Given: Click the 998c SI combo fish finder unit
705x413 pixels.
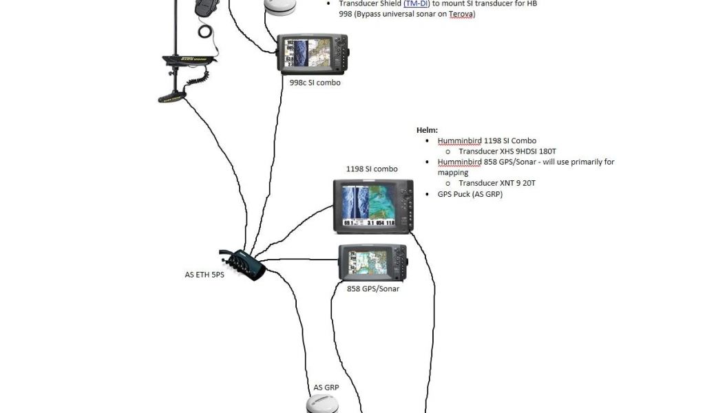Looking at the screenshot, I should [x=313, y=54].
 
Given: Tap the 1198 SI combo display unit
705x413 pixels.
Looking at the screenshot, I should [x=373, y=206].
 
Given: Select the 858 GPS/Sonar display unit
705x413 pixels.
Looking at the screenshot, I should [x=372, y=262].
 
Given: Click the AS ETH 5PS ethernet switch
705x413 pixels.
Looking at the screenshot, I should [x=244, y=264].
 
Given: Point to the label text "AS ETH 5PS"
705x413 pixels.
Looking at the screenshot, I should [x=204, y=275].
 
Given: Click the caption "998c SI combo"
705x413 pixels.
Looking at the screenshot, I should [x=315, y=83].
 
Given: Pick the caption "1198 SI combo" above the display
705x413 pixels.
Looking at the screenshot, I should [x=372, y=169].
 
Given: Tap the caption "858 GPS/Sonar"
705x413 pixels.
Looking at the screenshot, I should [x=373, y=288].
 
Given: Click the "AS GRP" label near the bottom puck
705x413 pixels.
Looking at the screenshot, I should [x=326, y=388].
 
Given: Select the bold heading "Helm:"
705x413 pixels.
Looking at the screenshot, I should [x=427, y=129].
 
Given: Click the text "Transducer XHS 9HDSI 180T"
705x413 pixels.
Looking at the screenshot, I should [x=507, y=151].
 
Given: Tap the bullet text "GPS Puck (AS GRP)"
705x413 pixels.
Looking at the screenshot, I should [x=470, y=194].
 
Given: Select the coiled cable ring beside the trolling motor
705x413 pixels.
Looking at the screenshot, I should [x=206, y=31].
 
